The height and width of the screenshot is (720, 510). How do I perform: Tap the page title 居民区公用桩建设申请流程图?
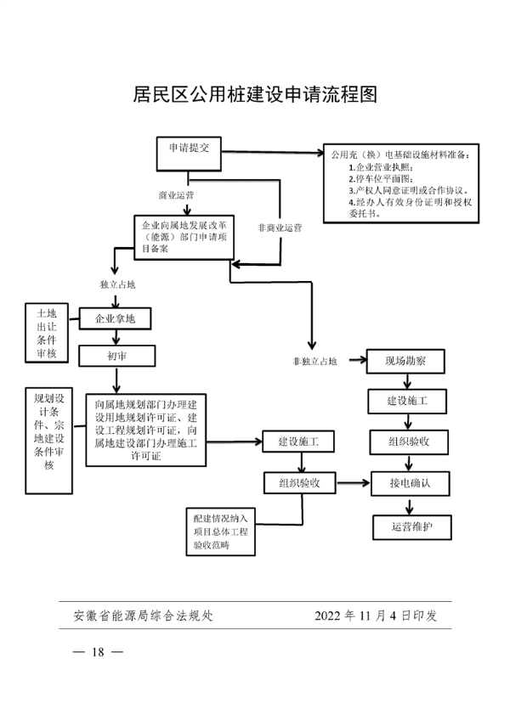[x=255, y=93]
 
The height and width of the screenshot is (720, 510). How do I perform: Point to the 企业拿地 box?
[x=115, y=319]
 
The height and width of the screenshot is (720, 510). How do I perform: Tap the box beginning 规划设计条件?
[x=48, y=439]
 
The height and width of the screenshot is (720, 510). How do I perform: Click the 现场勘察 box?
[x=406, y=362]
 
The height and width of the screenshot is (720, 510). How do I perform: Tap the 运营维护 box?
[x=412, y=527]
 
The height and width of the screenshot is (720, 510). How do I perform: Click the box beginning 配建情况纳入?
[x=219, y=532]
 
